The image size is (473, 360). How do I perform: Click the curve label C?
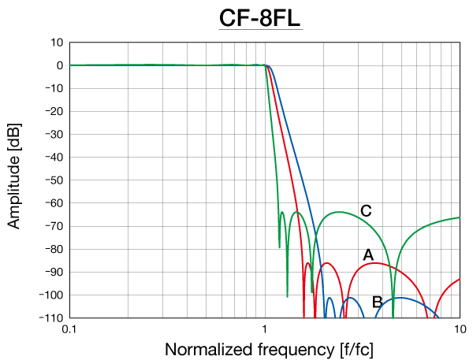coord(366,210)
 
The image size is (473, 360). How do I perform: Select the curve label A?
coord(367,254)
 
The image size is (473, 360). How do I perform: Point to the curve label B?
coord(377,301)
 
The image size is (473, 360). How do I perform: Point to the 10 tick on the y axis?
coord(57,43)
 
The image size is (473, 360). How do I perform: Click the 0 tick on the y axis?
coord(59,65)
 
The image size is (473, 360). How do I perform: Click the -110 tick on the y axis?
coord(52,317)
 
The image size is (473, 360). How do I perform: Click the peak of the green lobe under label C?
coord(340,212)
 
